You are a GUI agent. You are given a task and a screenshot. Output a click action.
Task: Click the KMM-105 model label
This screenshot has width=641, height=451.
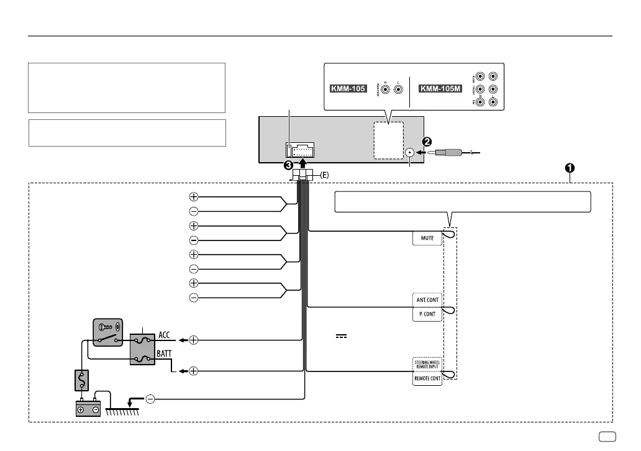point(347,89)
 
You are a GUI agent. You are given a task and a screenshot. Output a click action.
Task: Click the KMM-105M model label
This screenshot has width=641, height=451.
point(440,89)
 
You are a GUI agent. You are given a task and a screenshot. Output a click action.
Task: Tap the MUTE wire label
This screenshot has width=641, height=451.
point(427,237)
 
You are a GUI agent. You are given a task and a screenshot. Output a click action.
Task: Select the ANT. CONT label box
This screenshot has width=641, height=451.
point(427,300)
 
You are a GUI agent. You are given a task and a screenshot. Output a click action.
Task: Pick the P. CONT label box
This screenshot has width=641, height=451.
point(427,314)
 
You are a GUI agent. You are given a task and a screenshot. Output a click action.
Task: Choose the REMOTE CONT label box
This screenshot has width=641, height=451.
point(427,378)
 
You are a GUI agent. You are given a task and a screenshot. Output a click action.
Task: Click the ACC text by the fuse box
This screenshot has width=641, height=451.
point(165,335)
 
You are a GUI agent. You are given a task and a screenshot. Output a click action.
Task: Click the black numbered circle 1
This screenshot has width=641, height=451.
point(569,168)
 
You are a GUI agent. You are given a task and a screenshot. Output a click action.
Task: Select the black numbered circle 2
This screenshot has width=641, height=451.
point(428,141)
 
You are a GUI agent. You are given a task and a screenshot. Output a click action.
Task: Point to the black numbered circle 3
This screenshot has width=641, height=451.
point(289,166)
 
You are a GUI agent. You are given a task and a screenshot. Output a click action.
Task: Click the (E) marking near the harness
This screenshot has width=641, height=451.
point(325,176)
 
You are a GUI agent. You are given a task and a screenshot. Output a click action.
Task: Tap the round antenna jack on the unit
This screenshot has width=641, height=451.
point(409,152)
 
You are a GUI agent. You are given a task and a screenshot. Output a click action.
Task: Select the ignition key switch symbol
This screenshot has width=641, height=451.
point(108,333)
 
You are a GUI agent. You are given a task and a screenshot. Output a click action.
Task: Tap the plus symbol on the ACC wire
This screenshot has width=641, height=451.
point(194,340)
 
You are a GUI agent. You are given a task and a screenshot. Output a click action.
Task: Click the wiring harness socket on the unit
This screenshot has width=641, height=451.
point(300,151)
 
